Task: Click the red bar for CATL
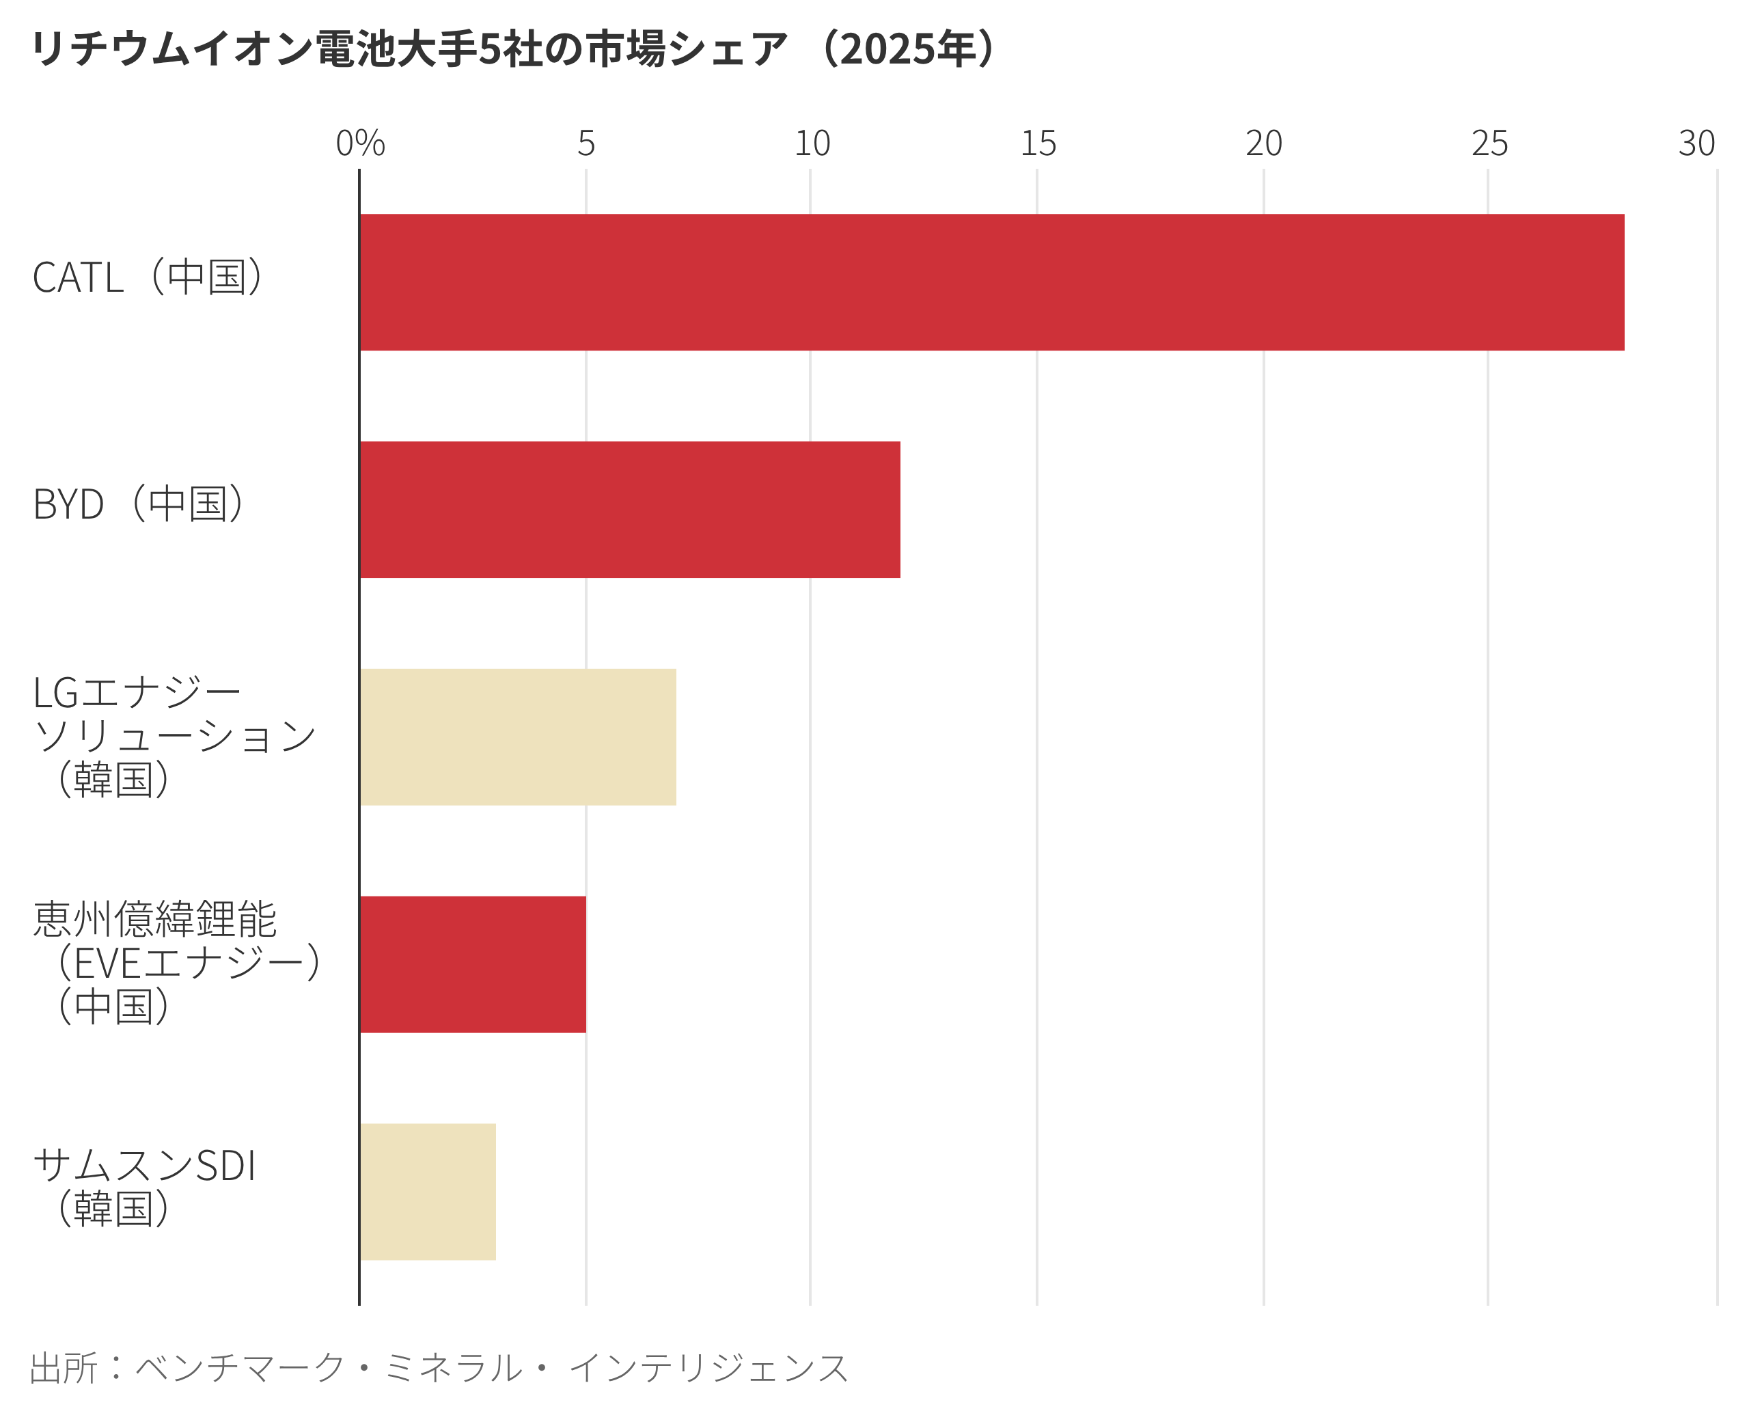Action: [991, 282]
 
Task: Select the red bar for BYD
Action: [630, 510]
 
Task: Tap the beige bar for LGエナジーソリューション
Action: [518, 737]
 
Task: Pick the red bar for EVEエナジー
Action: [473, 965]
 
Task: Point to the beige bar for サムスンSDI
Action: [428, 1192]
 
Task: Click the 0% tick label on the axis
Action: [360, 144]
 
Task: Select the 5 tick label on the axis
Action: [586, 144]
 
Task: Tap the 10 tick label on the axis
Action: [812, 144]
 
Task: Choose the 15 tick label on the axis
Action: [1038, 144]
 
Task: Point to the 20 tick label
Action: [1264, 144]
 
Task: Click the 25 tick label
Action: [1490, 144]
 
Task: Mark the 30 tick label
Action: [1696, 144]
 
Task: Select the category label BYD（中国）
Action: [138, 504]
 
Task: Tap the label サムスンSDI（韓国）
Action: [145, 1187]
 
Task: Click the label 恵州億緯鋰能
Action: [154, 919]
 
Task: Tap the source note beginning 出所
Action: [439, 1368]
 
